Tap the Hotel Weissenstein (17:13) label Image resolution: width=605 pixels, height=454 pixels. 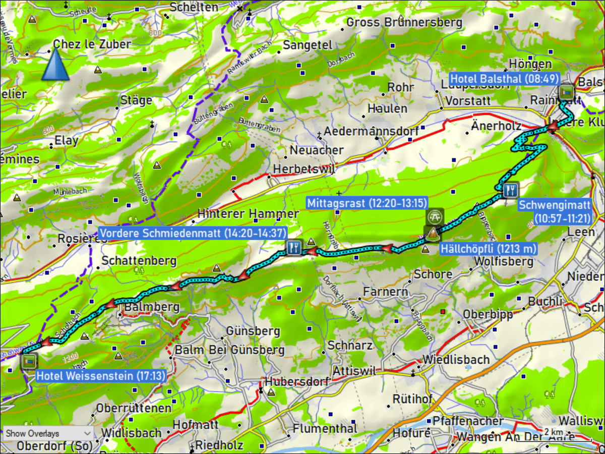(x=101, y=375)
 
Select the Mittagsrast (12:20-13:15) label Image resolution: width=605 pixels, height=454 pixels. (x=367, y=203)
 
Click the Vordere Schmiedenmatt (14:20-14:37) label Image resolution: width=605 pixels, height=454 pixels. (x=193, y=233)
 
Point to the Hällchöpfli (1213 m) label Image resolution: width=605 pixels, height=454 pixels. (x=488, y=248)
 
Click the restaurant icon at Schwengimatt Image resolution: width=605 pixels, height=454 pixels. (x=510, y=189)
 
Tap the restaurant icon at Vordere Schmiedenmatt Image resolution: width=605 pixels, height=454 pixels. (x=294, y=247)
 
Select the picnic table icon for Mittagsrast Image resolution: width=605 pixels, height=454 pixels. (x=434, y=216)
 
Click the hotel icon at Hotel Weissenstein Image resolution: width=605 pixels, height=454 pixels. (x=29, y=361)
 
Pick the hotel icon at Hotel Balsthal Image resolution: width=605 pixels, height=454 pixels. (x=567, y=92)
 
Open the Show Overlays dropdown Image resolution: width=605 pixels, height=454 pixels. (x=48, y=433)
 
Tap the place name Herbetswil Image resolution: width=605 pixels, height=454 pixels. (x=304, y=169)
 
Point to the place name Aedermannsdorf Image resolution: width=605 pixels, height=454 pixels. (x=371, y=131)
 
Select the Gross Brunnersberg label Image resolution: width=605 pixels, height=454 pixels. (x=404, y=22)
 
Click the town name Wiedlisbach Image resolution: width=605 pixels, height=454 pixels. (x=456, y=360)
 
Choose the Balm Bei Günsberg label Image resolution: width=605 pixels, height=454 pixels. (x=229, y=350)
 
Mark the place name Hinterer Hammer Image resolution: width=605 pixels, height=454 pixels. (x=248, y=213)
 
